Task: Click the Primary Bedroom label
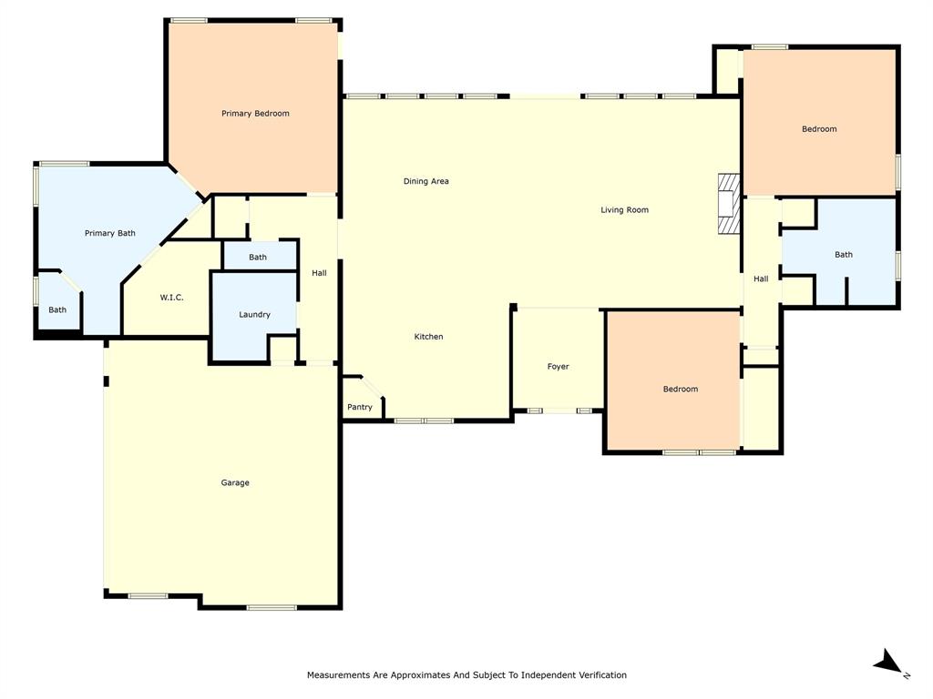coord(255,114)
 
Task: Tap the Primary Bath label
coord(110,234)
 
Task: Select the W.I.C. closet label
coord(172,298)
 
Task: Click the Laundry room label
coord(254,315)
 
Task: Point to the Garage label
coord(235,483)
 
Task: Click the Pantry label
coord(360,408)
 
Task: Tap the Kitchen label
coord(428,337)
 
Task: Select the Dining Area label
coord(426,181)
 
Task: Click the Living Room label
coord(624,210)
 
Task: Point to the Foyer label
coord(558,367)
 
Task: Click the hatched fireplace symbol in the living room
coord(728,204)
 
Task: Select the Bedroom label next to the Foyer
coord(680,390)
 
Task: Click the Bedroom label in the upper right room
coord(819,129)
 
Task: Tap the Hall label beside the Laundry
coord(319,273)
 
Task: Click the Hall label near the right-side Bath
coord(761,279)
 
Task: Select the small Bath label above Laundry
coord(258,258)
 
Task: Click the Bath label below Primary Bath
coord(57,310)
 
